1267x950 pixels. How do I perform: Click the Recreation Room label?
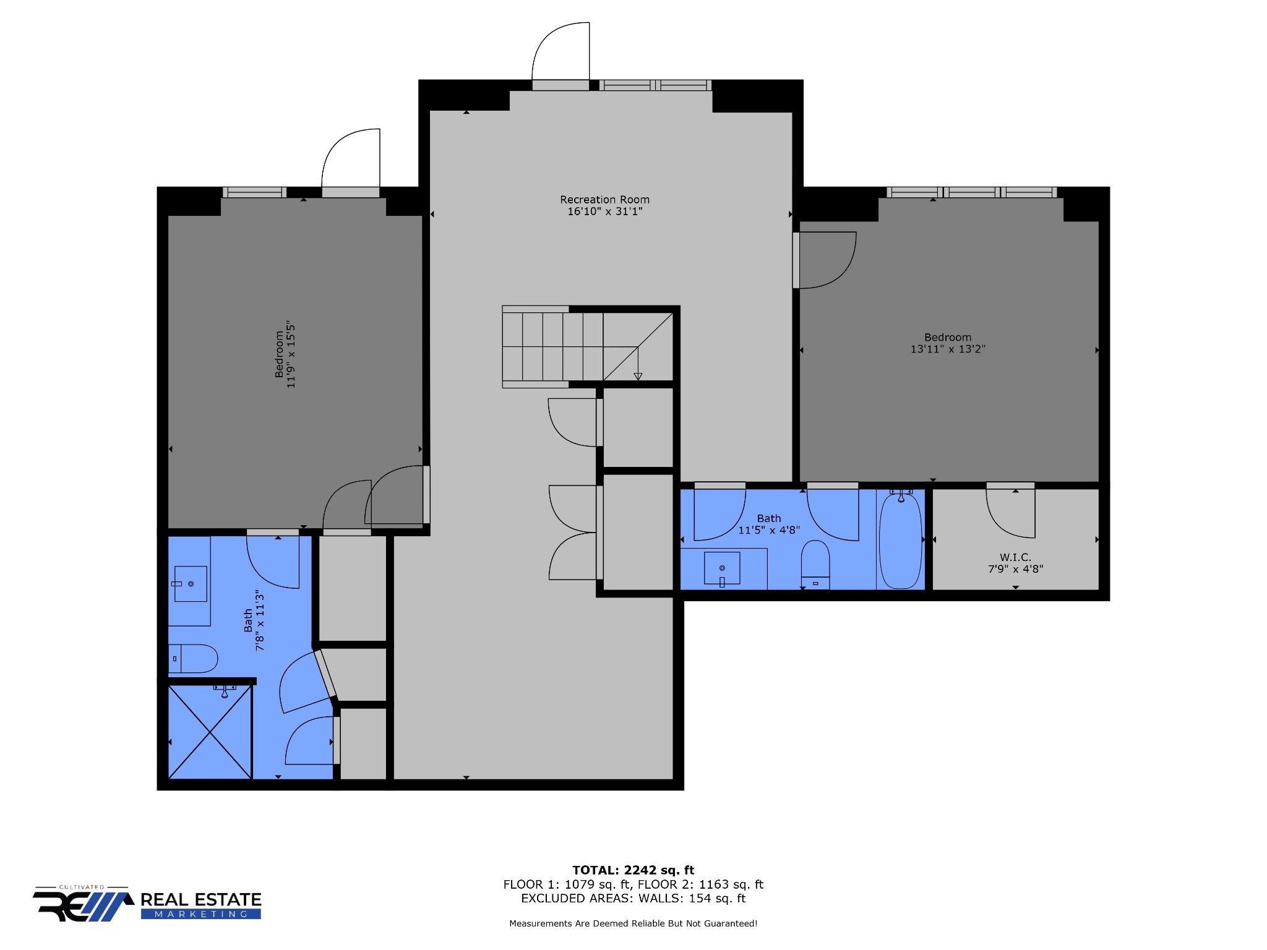604,200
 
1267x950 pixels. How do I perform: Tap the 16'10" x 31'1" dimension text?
604,212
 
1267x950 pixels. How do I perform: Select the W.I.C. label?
1015,557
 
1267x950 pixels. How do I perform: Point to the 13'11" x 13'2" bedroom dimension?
948,349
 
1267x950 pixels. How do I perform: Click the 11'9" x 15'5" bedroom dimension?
291,354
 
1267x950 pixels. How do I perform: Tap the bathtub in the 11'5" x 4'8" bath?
901,539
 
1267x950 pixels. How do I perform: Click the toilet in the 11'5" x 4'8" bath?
815,564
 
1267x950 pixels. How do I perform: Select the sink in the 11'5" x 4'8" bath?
722,568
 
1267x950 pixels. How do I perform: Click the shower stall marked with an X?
210,732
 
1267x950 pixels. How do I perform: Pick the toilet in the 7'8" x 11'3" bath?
193,659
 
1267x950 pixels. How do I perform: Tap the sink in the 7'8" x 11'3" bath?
190,584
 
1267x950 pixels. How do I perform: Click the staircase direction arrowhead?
638,377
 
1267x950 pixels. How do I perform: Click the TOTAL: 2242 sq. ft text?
633,870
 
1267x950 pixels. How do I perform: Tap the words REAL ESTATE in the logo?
201,900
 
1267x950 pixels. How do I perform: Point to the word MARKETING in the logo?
201,914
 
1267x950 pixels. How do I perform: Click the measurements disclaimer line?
633,923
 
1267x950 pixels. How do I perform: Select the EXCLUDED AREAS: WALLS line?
633,899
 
